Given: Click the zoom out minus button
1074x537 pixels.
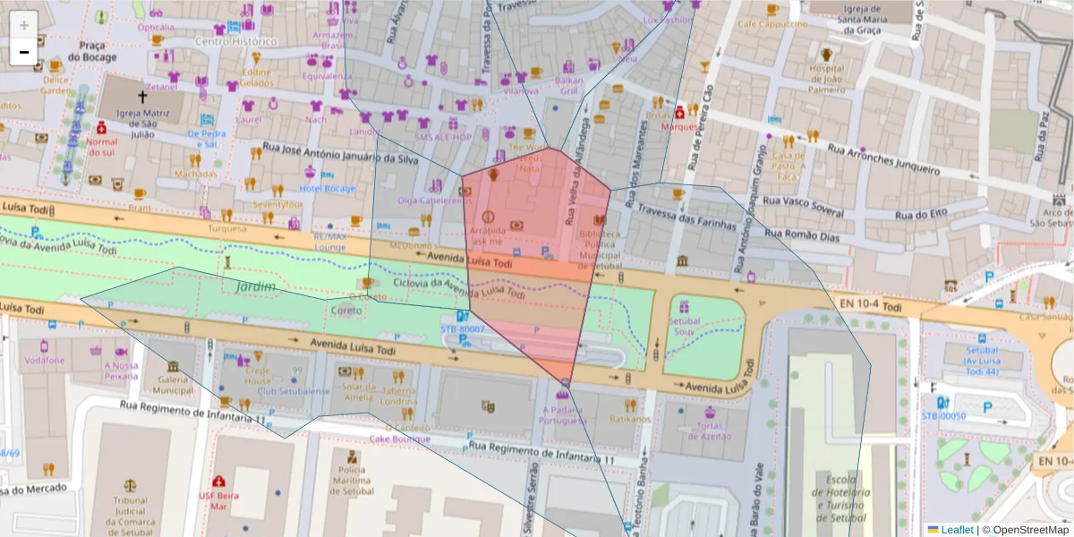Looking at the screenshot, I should (24, 52).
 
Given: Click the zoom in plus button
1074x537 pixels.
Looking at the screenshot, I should (24, 25).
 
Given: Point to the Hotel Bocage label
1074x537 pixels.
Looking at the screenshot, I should (328, 189).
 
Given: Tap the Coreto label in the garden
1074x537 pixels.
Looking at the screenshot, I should (346, 311).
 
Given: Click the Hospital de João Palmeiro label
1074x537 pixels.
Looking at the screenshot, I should (826, 79).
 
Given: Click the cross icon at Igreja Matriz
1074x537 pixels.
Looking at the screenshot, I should (141, 96).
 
